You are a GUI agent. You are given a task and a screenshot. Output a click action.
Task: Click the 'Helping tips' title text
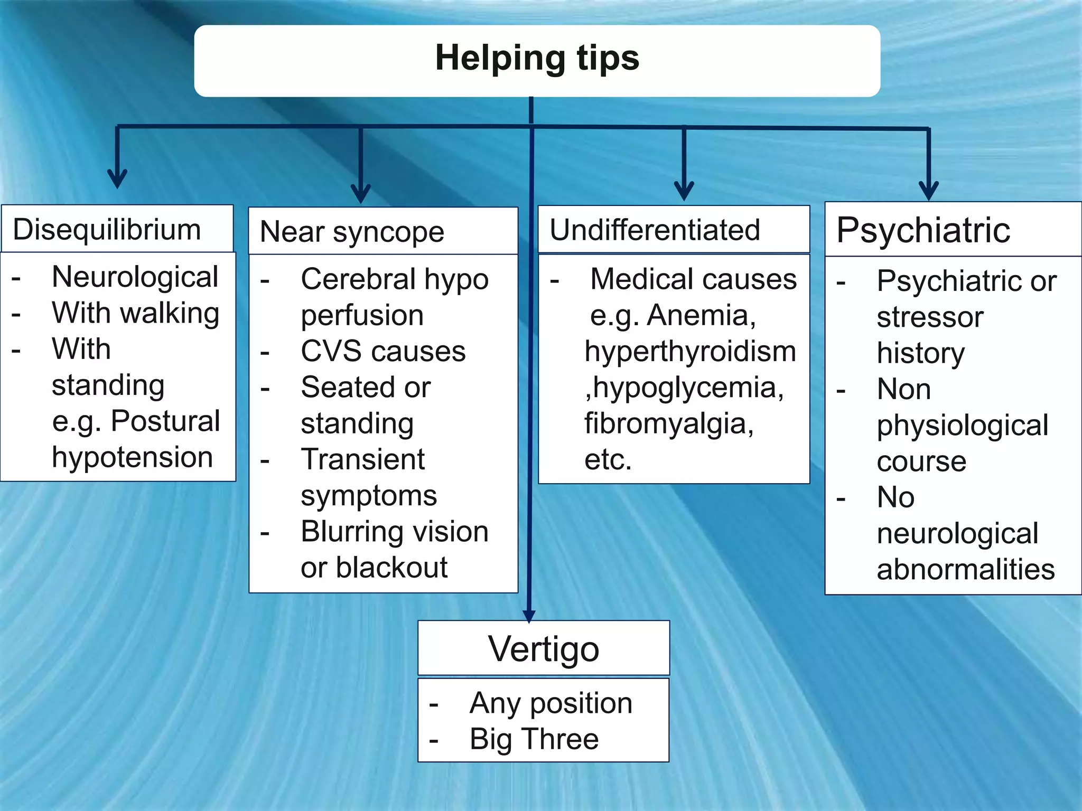tap(537, 58)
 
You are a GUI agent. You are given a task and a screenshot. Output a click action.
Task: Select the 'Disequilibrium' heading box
tap(117, 229)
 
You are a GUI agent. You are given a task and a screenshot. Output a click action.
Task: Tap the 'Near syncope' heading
tap(352, 232)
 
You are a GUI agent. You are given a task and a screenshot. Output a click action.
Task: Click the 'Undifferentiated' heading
tap(655, 230)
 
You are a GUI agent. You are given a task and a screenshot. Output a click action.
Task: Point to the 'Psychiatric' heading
tap(923, 230)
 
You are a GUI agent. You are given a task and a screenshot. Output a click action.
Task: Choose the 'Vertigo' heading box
tap(543, 648)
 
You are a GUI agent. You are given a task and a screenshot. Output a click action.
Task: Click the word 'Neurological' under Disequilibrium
tap(135, 277)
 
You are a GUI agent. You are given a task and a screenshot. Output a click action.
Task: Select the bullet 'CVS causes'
tap(383, 351)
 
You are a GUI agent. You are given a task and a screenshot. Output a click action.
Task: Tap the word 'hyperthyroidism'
tap(690, 351)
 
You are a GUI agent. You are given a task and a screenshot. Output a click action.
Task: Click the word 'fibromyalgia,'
tap(669, 423)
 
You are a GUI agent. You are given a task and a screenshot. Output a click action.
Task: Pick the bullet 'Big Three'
tap(534, 739)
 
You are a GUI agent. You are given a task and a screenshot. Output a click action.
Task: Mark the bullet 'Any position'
tap(551, 703)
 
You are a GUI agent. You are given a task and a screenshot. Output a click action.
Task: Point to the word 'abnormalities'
tap(965, 569)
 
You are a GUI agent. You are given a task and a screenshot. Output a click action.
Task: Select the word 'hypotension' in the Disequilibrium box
tap(132, 457)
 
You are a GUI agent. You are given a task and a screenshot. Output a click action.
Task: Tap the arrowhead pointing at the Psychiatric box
tap(928, 191)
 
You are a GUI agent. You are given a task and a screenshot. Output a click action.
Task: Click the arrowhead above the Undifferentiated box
tap(684, 191)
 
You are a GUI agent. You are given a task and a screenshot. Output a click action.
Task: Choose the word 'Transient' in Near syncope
tap(362, 459)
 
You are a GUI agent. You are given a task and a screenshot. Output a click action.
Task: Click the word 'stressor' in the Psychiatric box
tap(930, 317)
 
